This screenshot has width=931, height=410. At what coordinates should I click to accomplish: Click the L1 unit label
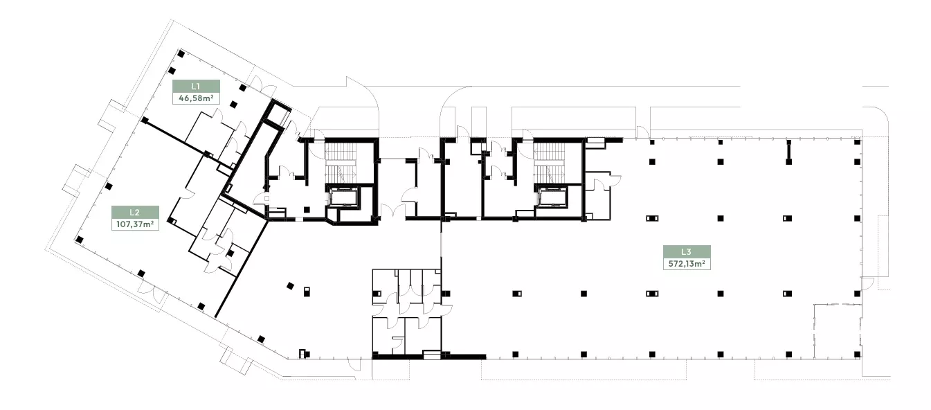click(x=196, y=87)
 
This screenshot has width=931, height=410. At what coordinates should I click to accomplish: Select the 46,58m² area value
click(x=196, y=98)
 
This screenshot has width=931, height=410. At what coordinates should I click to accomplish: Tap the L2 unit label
click(x=135, y=213)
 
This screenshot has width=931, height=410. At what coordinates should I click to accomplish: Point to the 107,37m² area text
click(x=135, y=224)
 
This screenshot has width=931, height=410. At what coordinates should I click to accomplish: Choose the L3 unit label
click(x=686, y=252)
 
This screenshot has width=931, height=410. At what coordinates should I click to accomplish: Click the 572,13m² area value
click(x=687, y=264)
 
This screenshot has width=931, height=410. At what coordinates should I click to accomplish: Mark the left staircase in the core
click(x=341, y=163)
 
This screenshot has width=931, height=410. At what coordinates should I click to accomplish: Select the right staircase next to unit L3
click(x=550, y=163)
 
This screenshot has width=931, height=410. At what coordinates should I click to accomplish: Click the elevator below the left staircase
click(x=344, y=197)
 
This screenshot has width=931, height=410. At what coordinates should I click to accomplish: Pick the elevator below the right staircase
click(x=553, y=197)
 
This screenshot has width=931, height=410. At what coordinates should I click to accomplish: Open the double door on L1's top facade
click(x=263, y=86)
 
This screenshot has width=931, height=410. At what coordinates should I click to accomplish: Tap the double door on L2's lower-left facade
click(x=152, y=291)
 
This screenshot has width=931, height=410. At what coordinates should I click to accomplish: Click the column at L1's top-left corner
click(x=181, y=53)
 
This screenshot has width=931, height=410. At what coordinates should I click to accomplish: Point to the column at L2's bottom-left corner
click(x=79, y=240)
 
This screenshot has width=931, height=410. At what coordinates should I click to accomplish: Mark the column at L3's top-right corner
click(x=857, y=142)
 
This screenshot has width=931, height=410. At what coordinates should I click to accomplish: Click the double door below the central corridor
click(x=393, y=212)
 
